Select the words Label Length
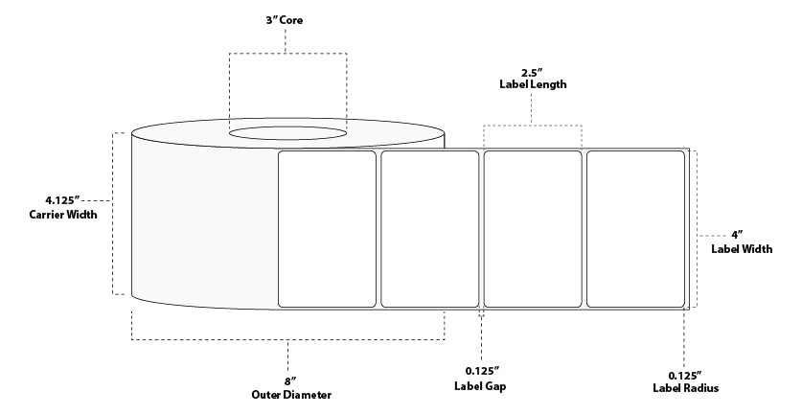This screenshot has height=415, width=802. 533,84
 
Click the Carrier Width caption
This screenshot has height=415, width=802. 63,215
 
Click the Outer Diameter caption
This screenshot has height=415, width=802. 286,394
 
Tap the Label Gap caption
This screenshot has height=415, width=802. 480,386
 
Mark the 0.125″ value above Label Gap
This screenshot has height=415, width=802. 480,372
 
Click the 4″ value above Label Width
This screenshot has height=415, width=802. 737,234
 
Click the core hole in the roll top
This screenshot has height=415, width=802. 286,132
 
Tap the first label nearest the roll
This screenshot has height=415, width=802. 327,229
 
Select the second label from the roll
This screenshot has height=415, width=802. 430,229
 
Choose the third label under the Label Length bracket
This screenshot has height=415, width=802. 533,229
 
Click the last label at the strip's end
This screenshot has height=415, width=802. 636,229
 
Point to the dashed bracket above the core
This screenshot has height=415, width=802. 287,54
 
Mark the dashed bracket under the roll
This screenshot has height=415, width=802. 287,338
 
